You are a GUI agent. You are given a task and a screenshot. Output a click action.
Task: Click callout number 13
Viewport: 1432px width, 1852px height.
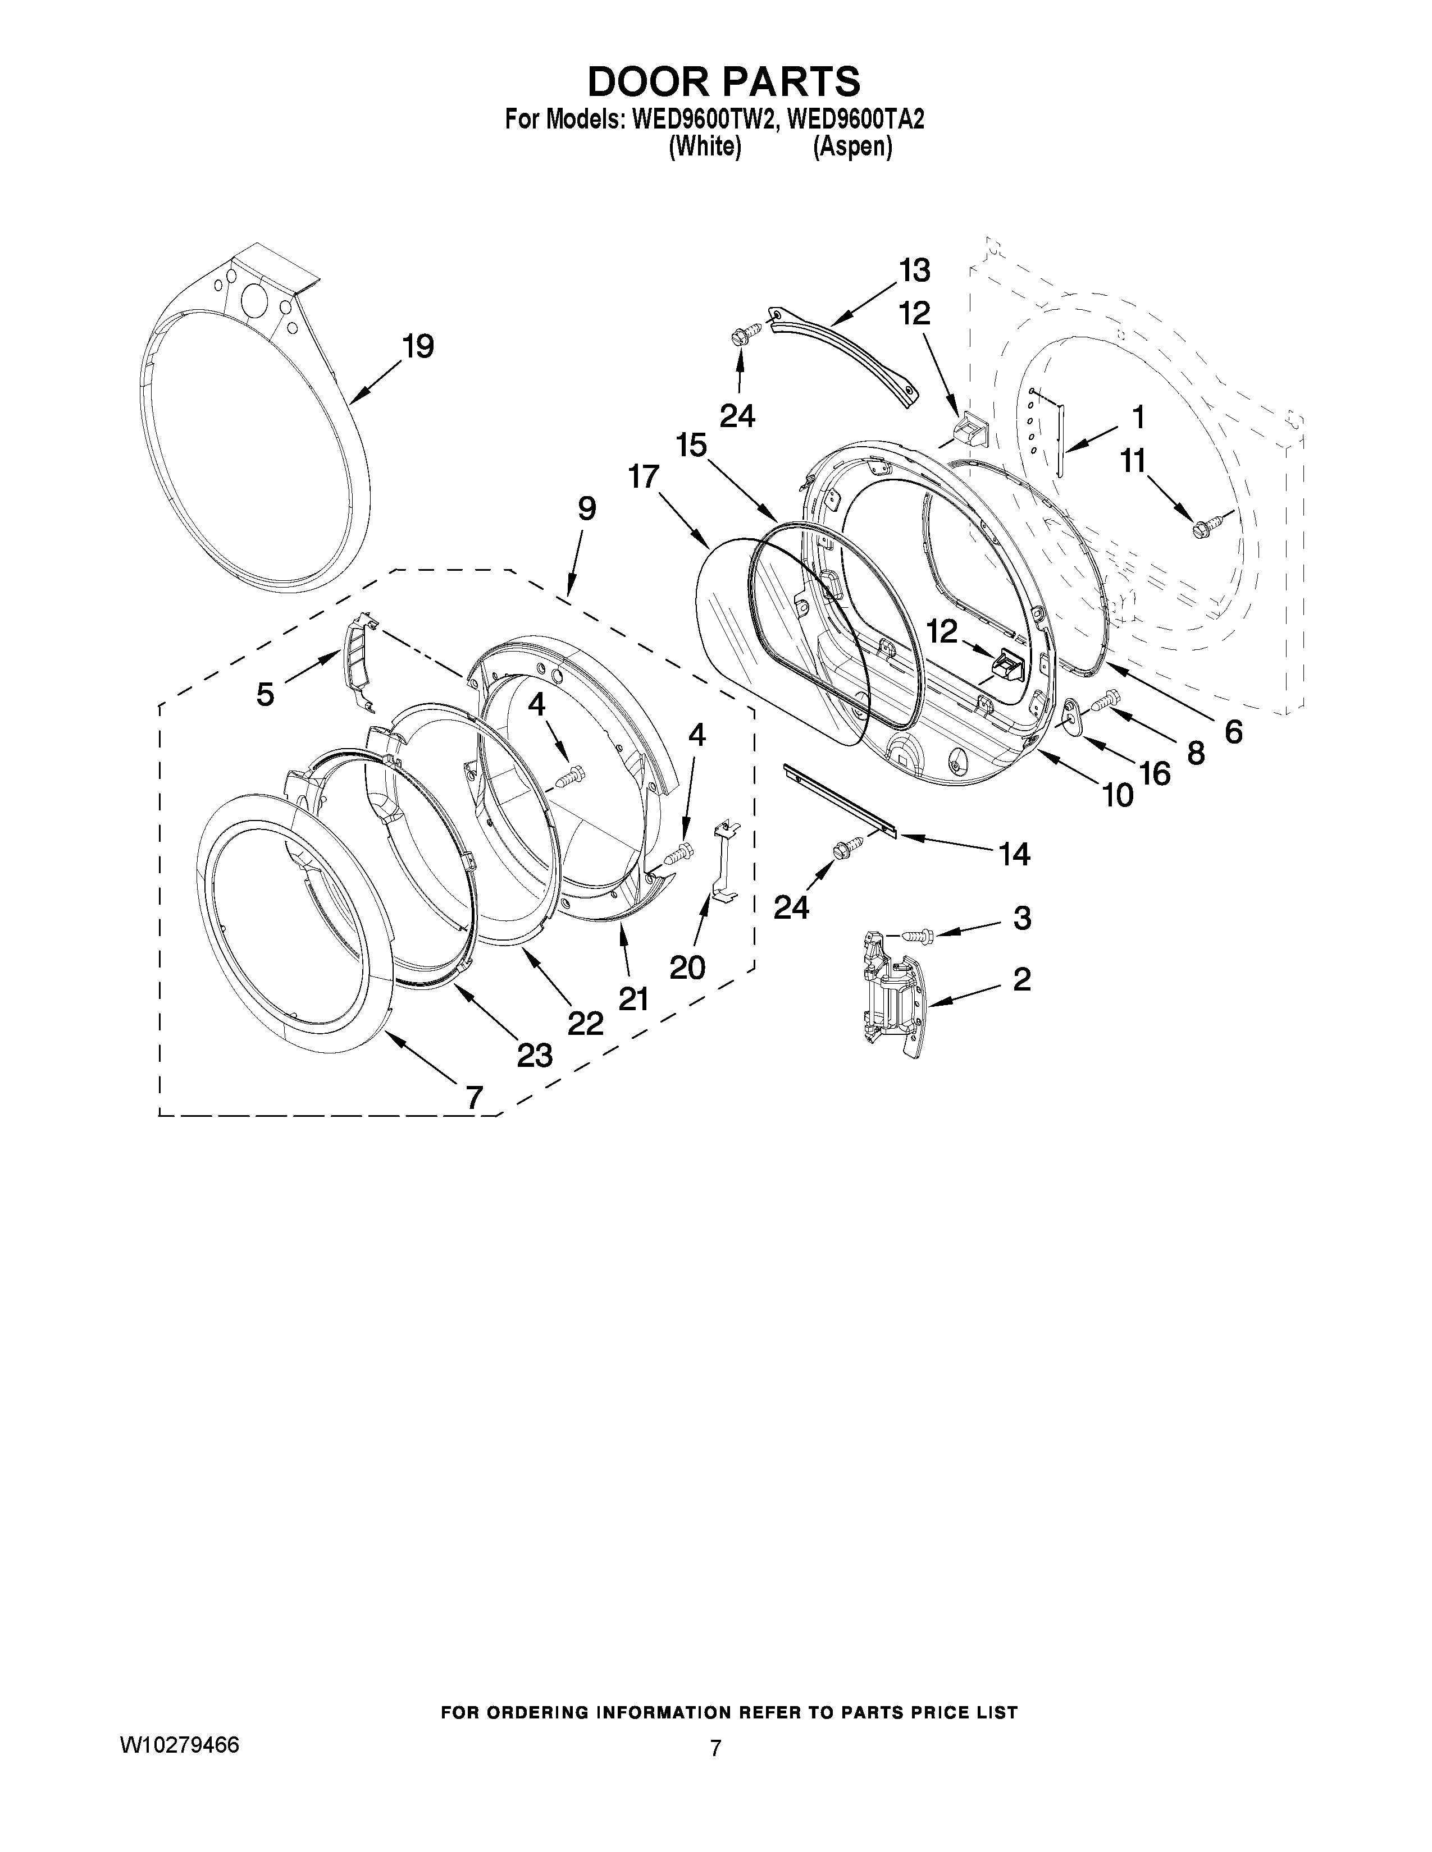coord(914,271)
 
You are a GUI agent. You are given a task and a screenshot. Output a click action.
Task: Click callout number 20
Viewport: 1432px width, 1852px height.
coord(687,967)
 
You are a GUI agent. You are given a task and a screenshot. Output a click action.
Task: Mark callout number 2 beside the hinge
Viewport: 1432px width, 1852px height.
coord(1021,979)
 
